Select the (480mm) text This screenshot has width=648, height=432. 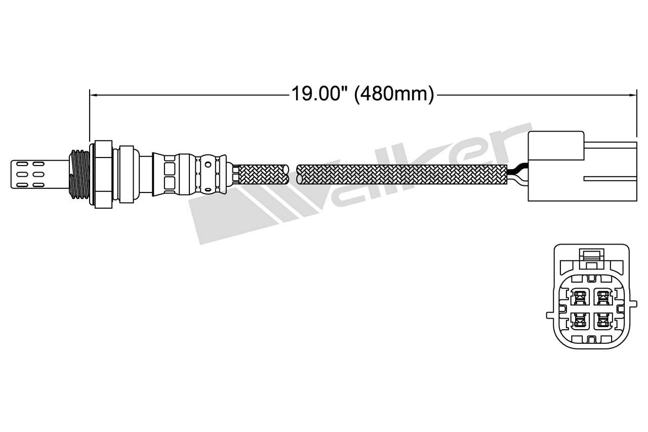394,94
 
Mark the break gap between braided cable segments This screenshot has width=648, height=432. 293,174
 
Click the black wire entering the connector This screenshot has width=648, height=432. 517,170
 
